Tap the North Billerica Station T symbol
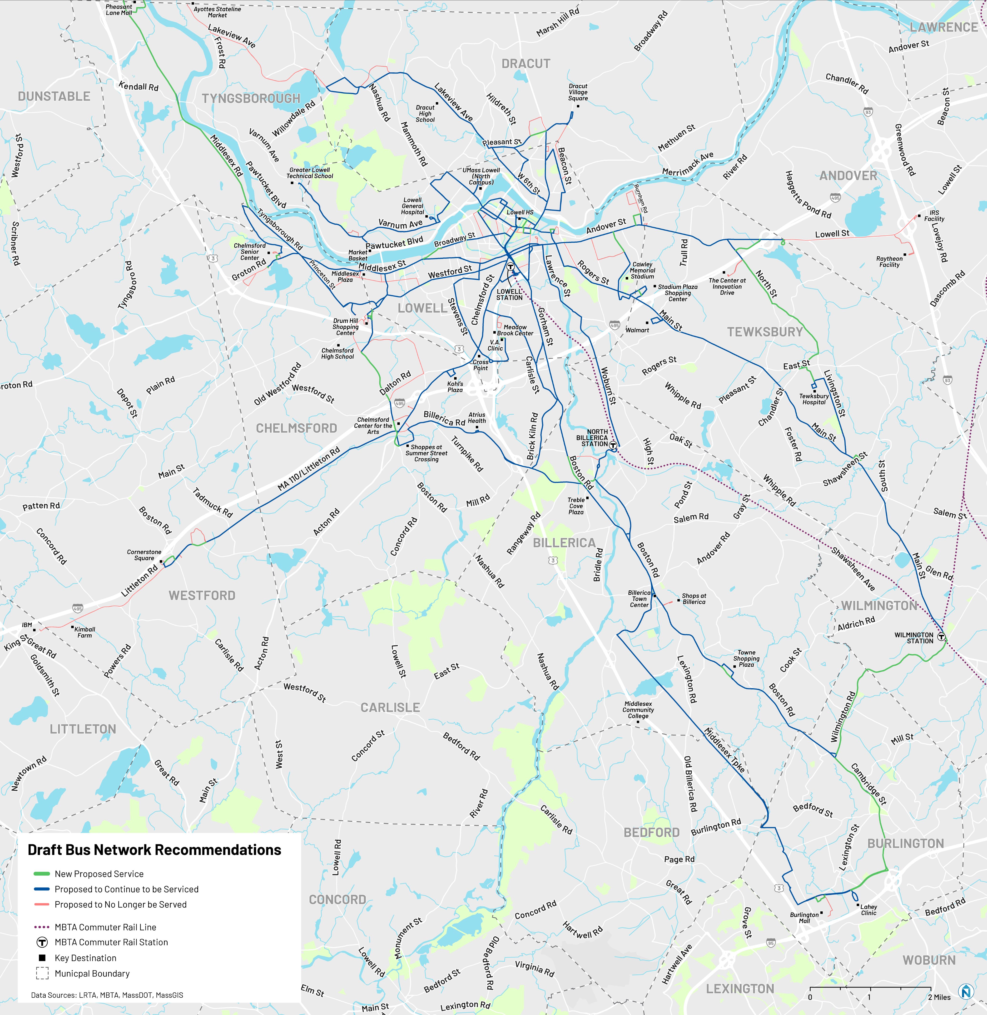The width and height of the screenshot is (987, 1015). (613, 444)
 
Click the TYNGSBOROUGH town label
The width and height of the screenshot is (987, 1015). (251, 99)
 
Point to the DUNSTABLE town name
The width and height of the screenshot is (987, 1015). (54, 96)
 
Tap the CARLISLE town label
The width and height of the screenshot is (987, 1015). (390, 708)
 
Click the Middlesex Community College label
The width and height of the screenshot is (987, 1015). (638, 710)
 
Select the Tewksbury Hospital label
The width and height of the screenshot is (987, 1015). (814, 399)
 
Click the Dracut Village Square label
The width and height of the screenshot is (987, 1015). (578, 92)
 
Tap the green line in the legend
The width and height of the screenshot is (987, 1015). (41, 874)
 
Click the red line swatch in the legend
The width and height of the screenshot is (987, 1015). (41, 904)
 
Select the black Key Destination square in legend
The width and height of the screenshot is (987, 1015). (43, 958)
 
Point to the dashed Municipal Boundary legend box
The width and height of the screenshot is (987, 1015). (43, 974)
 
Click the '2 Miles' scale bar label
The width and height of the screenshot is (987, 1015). (939, 997)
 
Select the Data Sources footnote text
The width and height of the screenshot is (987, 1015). (107, 995)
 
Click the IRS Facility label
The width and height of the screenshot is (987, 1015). (934, 216)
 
